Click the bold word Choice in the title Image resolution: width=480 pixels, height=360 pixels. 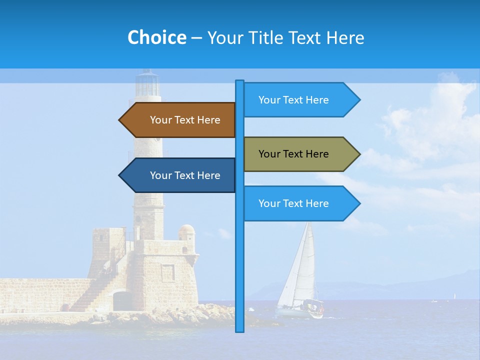click(156, 37)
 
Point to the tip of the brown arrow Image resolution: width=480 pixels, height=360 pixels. click(120, 120)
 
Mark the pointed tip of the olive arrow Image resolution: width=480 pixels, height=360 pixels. click(359, 154)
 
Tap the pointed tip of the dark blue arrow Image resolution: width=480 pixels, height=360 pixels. click(120, 175)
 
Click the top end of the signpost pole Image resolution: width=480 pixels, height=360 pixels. click(239, 82)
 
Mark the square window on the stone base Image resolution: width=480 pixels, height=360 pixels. click(168, 272)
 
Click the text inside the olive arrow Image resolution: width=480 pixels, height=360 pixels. click(293, 154)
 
